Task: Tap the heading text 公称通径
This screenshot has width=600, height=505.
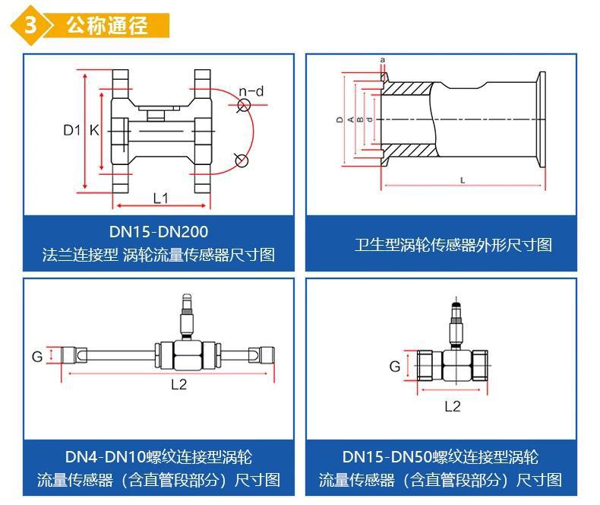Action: pos(106,24)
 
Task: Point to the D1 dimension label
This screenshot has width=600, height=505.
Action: pos(71,130)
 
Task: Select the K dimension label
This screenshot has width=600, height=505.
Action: pos(94,130)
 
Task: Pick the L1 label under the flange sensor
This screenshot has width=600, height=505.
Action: pos(160,198)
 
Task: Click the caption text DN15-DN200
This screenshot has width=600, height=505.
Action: pos(159,231)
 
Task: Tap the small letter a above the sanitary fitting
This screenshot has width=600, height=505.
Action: pos(383,59)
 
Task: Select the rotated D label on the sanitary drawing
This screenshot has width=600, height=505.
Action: pos(339,120)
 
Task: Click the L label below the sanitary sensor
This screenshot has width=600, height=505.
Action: pos(463,179)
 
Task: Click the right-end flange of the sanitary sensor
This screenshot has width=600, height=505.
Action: pos(542,119)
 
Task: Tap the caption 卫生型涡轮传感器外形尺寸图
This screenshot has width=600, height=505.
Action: pos(453,245)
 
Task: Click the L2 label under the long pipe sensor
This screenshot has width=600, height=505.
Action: pos(178,383)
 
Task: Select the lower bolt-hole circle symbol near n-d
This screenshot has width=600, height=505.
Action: pos(241,160)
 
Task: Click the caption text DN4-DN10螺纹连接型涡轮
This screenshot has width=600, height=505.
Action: pos(159,457)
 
